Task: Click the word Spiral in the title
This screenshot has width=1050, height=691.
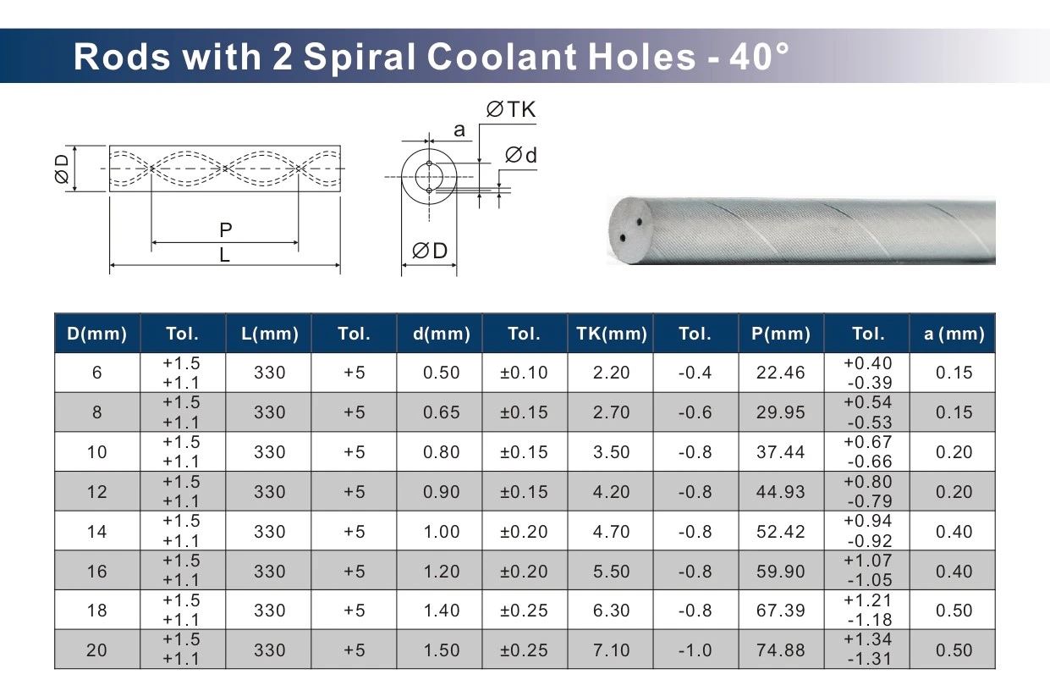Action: tap(359, 57)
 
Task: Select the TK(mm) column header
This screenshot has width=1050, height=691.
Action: tap(611, 334)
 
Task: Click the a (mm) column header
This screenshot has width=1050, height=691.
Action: tap(954, 334)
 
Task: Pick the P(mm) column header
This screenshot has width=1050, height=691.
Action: tap(781, 334)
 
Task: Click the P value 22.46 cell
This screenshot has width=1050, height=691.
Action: tap(781, 373)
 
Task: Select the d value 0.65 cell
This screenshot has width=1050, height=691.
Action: tap(441, 412)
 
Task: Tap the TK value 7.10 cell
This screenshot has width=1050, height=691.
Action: tap(611, 650)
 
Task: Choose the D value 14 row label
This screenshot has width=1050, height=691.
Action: tap(97, 532)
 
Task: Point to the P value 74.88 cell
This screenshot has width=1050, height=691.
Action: tap(781, 650)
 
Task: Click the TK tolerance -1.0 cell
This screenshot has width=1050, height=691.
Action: tap(695, 650)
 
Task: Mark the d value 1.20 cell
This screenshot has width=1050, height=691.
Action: tap(441, 572)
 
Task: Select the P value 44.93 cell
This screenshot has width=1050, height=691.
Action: tap(781, 492)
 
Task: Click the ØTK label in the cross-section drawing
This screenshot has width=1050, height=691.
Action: tap(511, 110)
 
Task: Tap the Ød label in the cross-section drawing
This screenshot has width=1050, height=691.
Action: tap(521, 156)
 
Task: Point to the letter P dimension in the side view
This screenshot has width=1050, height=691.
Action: tap(225, 229)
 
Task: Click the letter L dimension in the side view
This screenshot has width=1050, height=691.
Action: tap(225, 254)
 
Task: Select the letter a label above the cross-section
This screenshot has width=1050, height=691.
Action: tap(459, 130)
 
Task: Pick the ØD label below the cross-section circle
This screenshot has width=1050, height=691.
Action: tap(429, 252)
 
